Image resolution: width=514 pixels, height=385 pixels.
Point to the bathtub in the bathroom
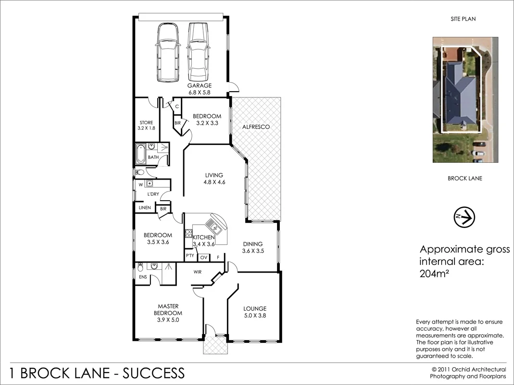click(x=141, y=153)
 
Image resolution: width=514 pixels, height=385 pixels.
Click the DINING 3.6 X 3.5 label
click(x=253, y=247)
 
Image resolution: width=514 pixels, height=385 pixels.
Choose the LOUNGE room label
click(x=254, y=312)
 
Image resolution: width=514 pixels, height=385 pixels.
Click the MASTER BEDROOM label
click(x=168, y=310)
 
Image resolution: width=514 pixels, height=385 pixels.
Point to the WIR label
click(x=197, y=272)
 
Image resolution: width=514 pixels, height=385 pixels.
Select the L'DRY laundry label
click(x=153, y=194)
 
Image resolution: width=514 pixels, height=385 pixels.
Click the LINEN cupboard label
click(x=145, y=208)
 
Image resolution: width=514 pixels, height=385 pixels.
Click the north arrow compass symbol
click(x=464, y=217)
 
